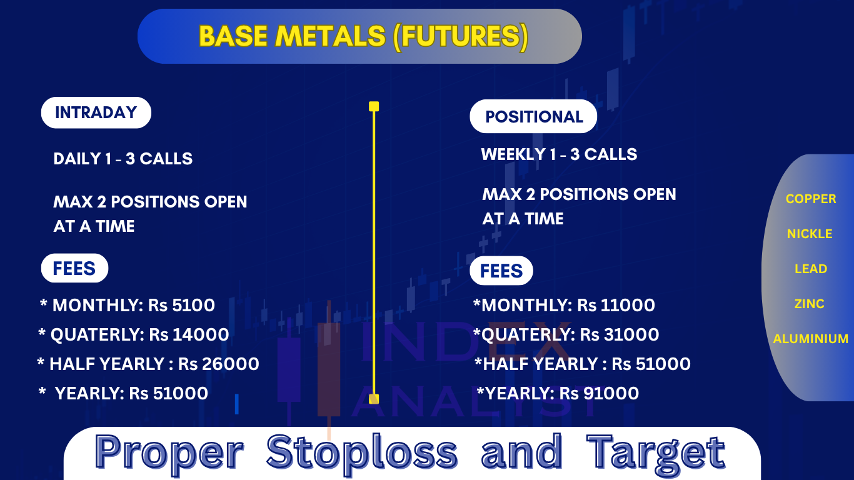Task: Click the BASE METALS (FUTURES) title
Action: click(x=363, y=37)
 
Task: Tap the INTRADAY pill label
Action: click(x=96, y=112)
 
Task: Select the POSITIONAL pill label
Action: click(x=533, y=116)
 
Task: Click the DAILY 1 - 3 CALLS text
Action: click(x=123, y=159)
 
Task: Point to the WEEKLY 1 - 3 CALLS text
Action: click(x=559, y=154)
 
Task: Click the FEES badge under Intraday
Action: click(x=75, y=268)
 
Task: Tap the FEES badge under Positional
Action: click(x=501, y=271)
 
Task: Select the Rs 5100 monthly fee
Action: click(x=181, y=306)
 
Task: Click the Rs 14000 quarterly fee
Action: click(x=189, y=335)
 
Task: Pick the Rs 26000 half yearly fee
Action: click(x=219, y=364)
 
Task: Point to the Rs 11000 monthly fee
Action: click(x=616, y=306)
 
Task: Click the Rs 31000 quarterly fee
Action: click(x=620, y=335)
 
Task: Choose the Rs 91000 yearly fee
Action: click(x=600, y=394)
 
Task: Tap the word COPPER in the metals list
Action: click(x=811, y=199)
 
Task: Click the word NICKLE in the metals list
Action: click(x=810, y=234)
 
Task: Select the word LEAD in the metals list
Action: click(x=811, y=269)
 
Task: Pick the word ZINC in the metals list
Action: click(x=810, y=304)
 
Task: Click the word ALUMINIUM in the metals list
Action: click(x=811, y=339)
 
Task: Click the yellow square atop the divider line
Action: click(x=374, y=106)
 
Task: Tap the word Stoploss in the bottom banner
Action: click(x=362, y=452)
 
